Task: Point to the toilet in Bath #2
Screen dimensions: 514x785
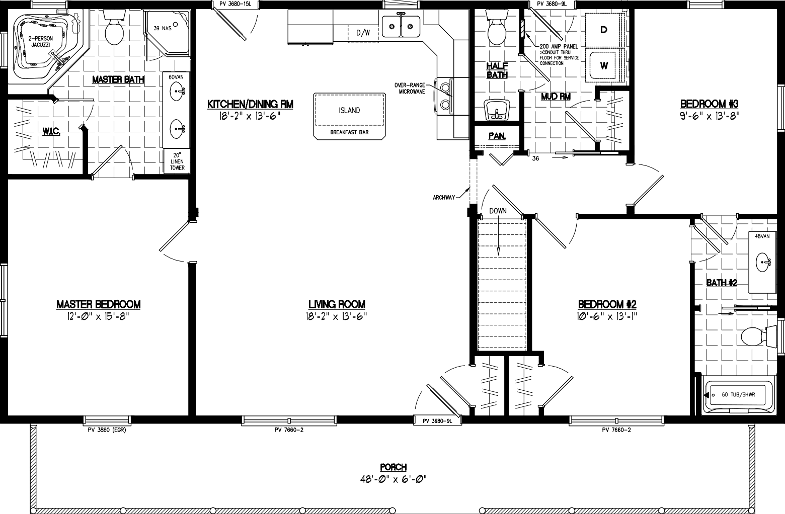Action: click(x=757, y=336)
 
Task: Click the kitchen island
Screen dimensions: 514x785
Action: click(x=349, y=115)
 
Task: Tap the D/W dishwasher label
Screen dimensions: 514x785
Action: click(x=363, y=33)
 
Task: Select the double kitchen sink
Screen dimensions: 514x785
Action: click(x=401, y=27)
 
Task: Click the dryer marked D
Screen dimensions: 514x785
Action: click(x=604, y=30)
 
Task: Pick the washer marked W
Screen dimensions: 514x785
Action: click(x=604, y=65)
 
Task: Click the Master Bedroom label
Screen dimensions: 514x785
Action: click(x=98, y=304)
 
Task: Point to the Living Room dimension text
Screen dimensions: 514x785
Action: click(x=337, y=316)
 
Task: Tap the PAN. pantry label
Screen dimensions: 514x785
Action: click(x=496, y=136)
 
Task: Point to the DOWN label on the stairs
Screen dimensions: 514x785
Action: click(x=498, y=211)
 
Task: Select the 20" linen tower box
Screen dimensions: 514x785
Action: click(x=177, y=161)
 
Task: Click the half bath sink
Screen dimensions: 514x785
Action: click(x=497, y=110)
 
